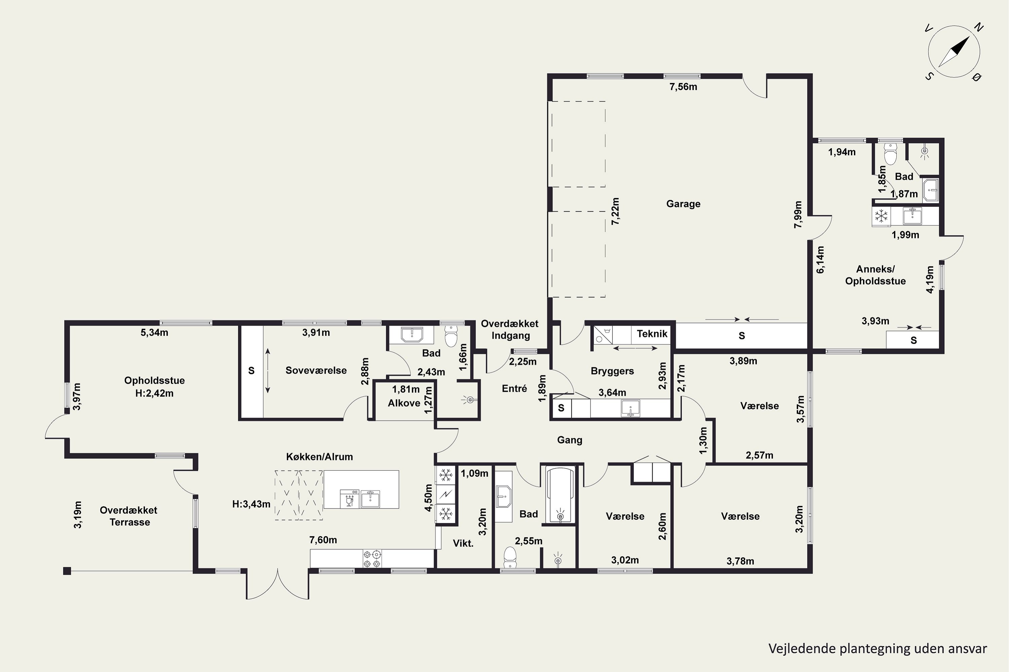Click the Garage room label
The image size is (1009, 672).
coord(683,204)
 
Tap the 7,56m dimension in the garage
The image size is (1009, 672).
coord(683,87)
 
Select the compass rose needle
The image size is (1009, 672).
coord(954,52)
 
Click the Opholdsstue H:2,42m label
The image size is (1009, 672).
coord(154,387)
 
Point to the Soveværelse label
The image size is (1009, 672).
coord(316,370)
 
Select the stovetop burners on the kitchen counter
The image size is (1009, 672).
coord(372,558)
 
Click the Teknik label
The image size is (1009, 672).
coord(652,334)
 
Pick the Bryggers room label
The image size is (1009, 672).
coord(612,371)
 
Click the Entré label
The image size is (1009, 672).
coord(514,388)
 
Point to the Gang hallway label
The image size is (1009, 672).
coord(570,440)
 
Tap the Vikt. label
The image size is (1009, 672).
coord(463,543)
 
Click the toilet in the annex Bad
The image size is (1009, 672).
coord(891,154)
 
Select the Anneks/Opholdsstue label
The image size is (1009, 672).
coord(875,275)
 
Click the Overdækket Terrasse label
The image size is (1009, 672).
coord(129,516)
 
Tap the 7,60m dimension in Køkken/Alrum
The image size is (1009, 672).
coord(323,540)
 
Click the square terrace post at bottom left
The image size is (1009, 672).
coord(67,571)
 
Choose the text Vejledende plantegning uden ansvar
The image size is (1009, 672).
coord(877,649)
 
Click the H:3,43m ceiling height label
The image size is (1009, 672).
coord(251,504)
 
